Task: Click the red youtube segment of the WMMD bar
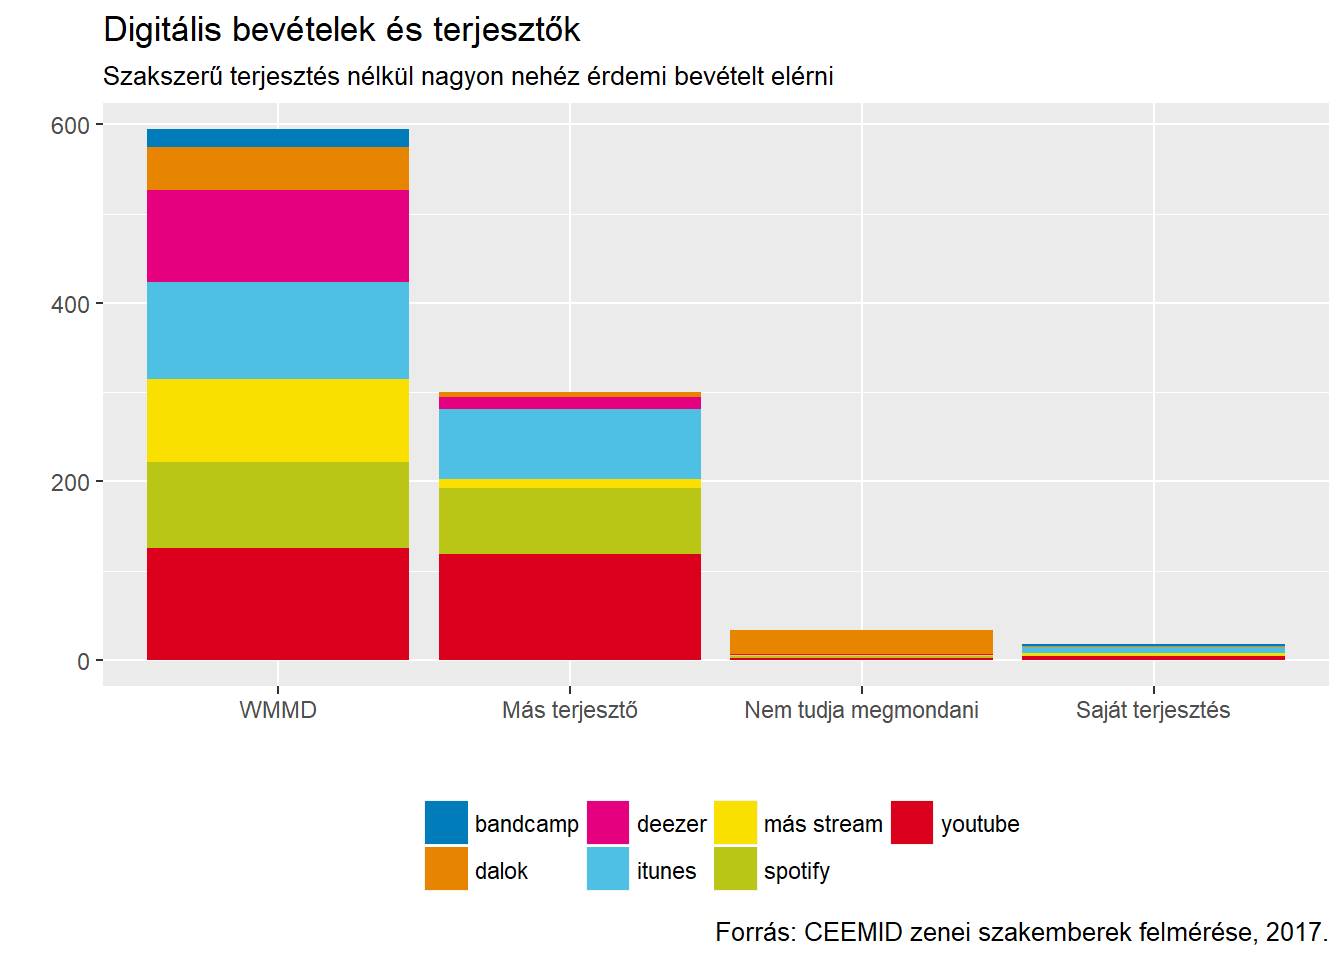pos(277,603)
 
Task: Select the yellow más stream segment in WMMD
pos(277,420)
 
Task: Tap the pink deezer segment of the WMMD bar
pos(277,236)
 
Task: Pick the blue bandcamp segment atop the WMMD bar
pos(277,138)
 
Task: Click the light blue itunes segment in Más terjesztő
pos(569,444)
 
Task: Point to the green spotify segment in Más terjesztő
pos(569,521)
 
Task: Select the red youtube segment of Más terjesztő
pos(569,606)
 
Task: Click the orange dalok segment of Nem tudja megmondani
pos(861,641)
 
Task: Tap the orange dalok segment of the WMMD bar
pos(277,168)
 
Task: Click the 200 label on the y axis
pos(70,483)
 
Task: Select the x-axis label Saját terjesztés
pos(1152,710)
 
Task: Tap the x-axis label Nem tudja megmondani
pos(861,710)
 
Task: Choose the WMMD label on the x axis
pos(277,710)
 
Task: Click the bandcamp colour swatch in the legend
pos(446,822)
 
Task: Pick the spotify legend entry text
pos(796,871)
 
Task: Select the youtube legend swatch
pos(911,822)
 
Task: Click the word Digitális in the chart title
pos(163,30)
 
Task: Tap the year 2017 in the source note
pos(1295,932)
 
